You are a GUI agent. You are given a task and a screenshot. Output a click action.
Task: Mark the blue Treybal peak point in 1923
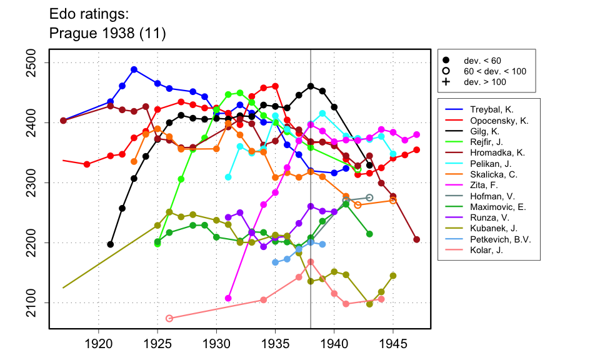[134, 69]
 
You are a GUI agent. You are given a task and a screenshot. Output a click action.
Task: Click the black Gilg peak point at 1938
[311, 86]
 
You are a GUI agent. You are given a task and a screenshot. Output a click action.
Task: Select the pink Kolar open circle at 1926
[169, 318]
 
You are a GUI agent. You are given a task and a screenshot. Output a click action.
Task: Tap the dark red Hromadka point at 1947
[417, 239]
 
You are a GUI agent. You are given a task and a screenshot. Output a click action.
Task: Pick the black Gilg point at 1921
[111, 244]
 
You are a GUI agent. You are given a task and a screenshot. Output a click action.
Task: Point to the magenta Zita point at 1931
[228, 298]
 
